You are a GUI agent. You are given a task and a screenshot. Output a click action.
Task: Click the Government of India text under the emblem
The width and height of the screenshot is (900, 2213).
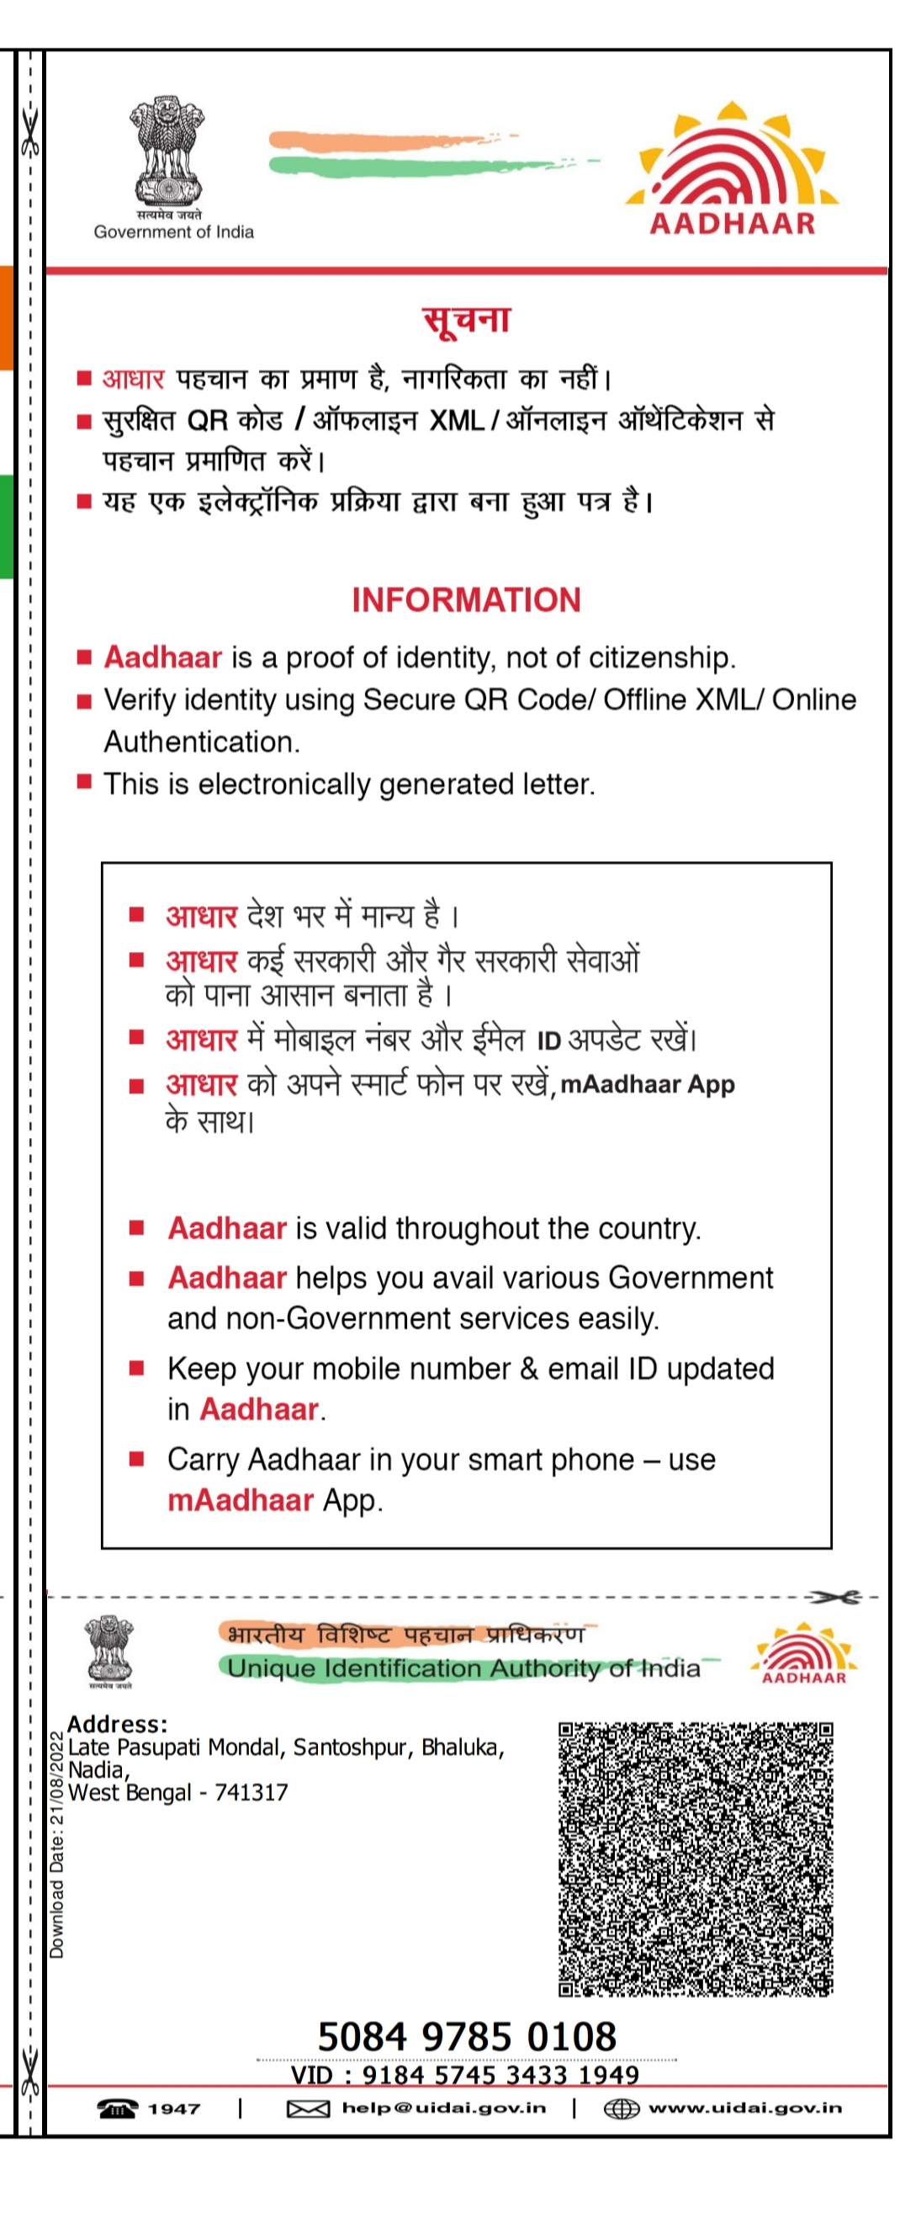tap(173, 232)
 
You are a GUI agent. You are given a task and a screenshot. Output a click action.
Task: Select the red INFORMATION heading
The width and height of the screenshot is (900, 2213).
tap(466, 599)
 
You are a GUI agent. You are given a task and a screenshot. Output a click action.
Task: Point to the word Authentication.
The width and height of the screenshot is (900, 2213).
tap(202, 742)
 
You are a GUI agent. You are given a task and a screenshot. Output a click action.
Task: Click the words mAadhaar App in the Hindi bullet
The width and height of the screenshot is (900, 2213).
tap(648, 1084)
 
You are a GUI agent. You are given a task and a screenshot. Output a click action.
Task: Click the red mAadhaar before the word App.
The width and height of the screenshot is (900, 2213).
tap(241, 1501)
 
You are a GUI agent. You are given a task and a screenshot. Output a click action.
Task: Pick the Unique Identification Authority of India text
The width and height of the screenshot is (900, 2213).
tap(463, 1668)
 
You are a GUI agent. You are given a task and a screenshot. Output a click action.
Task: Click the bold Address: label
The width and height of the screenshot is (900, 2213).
tap(117, 1724)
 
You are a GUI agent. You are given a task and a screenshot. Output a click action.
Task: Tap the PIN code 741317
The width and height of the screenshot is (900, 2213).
tap(251, 1793)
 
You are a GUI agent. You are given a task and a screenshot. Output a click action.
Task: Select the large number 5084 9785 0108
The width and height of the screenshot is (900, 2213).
tap(466, 2037)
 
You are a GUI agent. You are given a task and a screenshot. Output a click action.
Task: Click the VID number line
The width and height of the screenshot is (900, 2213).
tap(464, 2075)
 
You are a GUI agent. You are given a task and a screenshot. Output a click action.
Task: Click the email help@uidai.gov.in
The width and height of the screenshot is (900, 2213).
tap(443, 2108)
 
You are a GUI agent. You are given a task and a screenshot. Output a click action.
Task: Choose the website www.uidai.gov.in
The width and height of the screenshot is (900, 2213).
tap(744, 2108)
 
